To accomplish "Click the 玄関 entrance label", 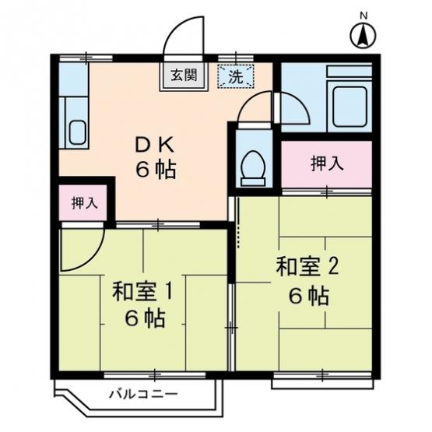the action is [x=184, y=75].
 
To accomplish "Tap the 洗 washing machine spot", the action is [x=236, y=76].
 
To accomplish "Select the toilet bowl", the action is [x=253, y=168].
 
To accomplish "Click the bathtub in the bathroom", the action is [x=349, y=107].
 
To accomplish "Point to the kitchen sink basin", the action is [x=78, y=133].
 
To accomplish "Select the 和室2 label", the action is [x=307, y=267].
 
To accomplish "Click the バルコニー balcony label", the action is [x=143, y=395].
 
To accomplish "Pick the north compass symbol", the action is [x=364, y=36].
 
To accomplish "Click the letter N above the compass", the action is [x=364, y=16].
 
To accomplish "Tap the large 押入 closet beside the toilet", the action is [x=326, y=164].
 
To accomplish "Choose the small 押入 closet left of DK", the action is [x=83, y=203].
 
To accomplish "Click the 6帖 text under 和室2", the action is [x=309, y=297].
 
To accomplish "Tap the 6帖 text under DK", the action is [x=156, y=170].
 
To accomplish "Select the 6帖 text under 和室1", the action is [x=146, y=318].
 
